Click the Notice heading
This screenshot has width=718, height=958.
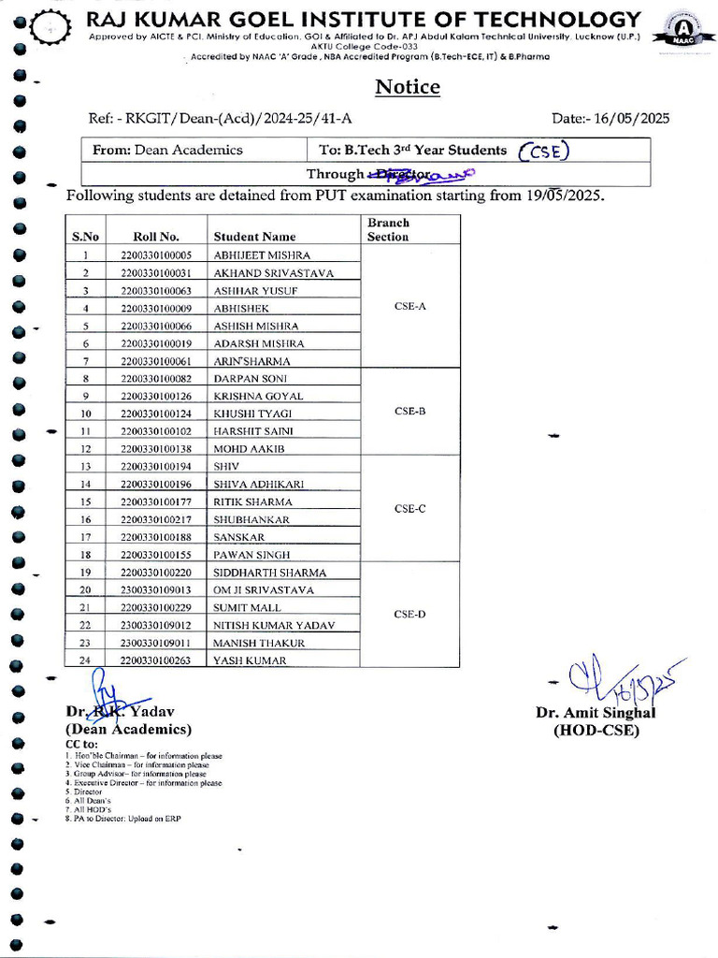pos(407,87)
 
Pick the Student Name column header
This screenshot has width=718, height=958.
pos(254,237)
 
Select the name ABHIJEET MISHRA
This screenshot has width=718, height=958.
pos(262,255)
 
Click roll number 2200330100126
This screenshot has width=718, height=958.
pos(159,397)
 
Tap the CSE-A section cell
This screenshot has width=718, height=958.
pos(409,307)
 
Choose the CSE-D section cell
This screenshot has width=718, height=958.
pos(409,615)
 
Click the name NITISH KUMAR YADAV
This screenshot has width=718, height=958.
pos(273,625)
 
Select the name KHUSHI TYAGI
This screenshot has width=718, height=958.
pos(252,414)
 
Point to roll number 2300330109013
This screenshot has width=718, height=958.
pos(159,590)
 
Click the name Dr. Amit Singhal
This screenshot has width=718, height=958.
pos(596,713)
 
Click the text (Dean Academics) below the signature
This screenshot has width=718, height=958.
pos(127,729)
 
